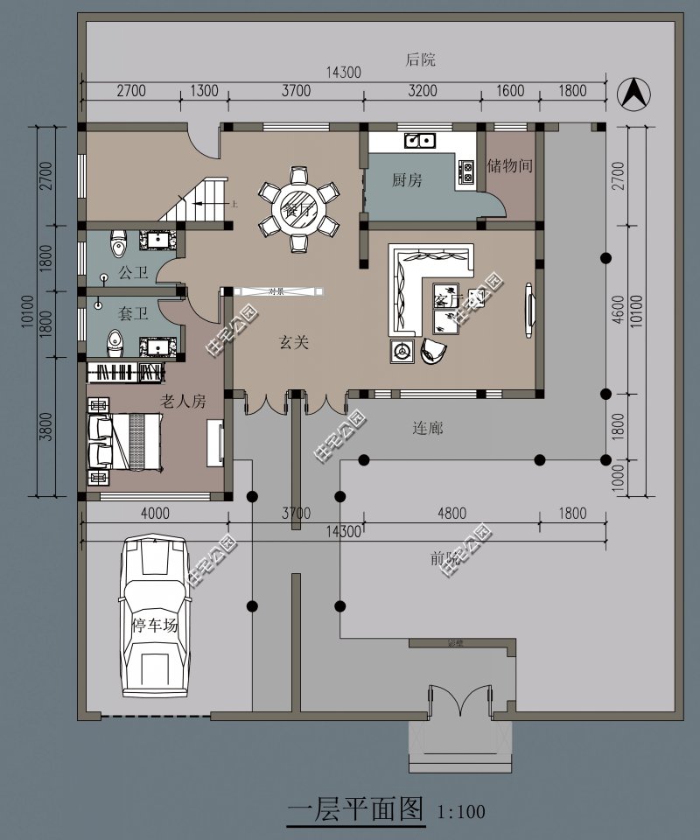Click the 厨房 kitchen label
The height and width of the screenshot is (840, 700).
pos(407,180)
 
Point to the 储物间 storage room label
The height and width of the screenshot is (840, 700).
pos(510,164)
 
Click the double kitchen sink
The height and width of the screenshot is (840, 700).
pos(419,139)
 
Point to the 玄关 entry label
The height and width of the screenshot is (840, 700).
pos(294,343)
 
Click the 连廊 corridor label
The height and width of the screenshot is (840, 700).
pos(428,428)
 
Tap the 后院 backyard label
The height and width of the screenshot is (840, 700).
pos(420,60)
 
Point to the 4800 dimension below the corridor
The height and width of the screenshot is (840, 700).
pos(451,514)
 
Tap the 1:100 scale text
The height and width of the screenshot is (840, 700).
pos(461,811)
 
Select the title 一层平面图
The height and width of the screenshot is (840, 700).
pos(355,808)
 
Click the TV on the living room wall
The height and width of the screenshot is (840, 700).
pos(529,309)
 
